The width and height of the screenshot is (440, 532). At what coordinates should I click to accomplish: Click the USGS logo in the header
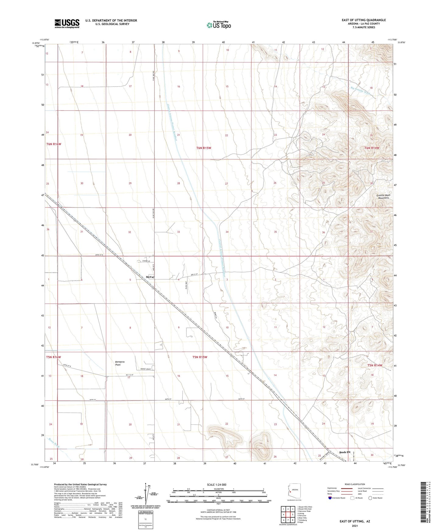pyautogui.click(x=67, y=23)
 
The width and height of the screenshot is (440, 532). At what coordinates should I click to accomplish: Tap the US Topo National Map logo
pyautogui.click(x=219, y=25)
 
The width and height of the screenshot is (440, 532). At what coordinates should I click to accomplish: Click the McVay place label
pyautogui.click(x=150, y=277)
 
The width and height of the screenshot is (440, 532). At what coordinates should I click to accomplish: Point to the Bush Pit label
pyautogui.click(x=345, y=452)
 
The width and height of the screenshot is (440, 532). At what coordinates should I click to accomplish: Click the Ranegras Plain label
pyautogui.click(x=120, y=363)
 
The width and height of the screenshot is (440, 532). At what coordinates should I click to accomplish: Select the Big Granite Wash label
pyautogui.click(x=360, y=91)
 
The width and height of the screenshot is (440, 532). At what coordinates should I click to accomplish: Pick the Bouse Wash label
pyautogui.click(x=54, y=443)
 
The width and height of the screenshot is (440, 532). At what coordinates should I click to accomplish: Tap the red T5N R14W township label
pyautogui.click(x=375, y=365)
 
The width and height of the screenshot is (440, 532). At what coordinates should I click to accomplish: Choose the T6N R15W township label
pyautogui.click(x=204, y=148)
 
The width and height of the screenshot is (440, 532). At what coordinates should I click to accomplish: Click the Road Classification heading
pyautogui.click(x=355, y=484)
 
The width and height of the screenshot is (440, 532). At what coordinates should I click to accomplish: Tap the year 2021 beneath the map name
pyautogui.click(x=355, y=526)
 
